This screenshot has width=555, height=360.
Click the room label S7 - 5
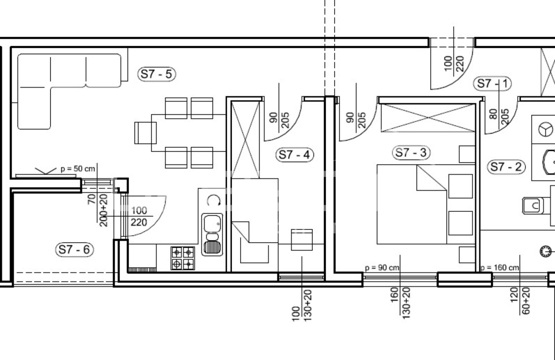(x=156, y=74)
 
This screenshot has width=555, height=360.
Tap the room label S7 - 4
(x=294, y=155)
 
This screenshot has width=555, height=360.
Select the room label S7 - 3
(x=411, y=153)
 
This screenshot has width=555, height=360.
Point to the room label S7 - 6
(x=75, y=249)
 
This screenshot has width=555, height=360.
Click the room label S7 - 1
(x=493, y=84)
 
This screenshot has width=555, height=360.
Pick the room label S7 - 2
(x=506, y=167)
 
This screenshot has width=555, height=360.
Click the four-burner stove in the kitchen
(x=183, y=258)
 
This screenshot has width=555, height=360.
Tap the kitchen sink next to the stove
(x=212, y=234)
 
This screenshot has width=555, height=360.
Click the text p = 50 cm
(x=78, y=169)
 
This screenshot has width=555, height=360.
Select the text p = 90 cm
(x=382, y=268)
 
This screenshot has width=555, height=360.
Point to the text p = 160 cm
(x=499, y=268)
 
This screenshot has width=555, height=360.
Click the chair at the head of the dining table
(x=145, y=133)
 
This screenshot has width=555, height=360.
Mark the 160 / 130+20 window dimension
(x=400, y=303)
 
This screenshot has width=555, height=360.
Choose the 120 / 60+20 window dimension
(x=520, y=301)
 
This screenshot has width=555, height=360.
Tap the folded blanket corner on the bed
(x=432, y=178)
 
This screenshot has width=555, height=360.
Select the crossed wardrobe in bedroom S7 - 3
(x=428, y=118)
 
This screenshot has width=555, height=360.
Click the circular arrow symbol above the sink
(x=214, y=200)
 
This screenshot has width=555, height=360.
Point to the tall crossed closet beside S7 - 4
(x=245, y=140)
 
